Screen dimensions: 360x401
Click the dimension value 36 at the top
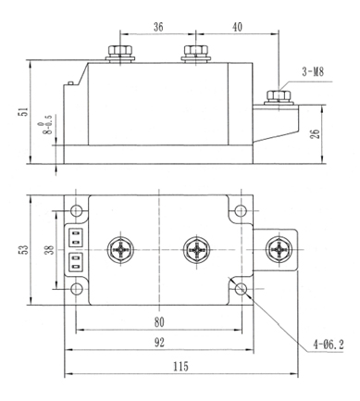[x=158, y=27]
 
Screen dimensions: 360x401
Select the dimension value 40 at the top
[x=237, y=27]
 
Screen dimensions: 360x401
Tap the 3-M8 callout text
[x=313, y=72]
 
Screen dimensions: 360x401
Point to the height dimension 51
[x=24, y=111]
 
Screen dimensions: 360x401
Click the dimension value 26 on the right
[x=316, y=133]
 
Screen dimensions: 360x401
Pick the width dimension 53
[x=24, y=249]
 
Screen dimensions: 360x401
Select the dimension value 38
[x=49, y=249]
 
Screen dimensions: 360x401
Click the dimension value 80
[x=159, y=322]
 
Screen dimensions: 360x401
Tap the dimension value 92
[x=159, y=342]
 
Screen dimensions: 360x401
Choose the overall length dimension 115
[x=180, y=367]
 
